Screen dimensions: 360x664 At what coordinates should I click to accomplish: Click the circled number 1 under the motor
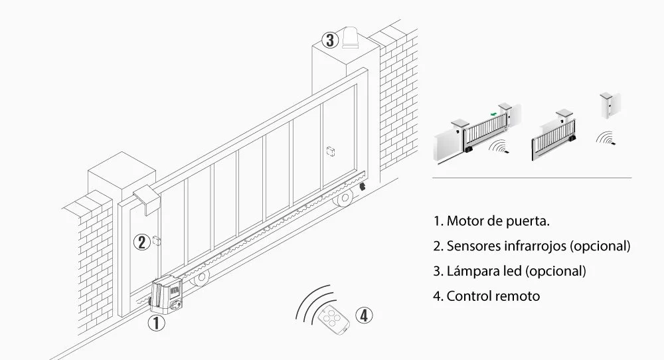pos(155,323)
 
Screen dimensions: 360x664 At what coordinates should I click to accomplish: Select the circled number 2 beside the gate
pos(141,242)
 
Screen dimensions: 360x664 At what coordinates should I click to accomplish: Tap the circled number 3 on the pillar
pos(329,39)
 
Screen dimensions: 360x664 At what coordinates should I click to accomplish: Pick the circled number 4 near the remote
pos(363,315)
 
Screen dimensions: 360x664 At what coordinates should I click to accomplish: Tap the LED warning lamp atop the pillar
pos(352,37)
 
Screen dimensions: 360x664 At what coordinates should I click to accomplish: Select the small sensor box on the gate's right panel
pos(330,151)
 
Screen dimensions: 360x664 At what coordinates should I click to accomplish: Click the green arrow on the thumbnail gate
pos(492,114)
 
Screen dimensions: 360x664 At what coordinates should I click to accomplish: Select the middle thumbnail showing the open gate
pos(555,136)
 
